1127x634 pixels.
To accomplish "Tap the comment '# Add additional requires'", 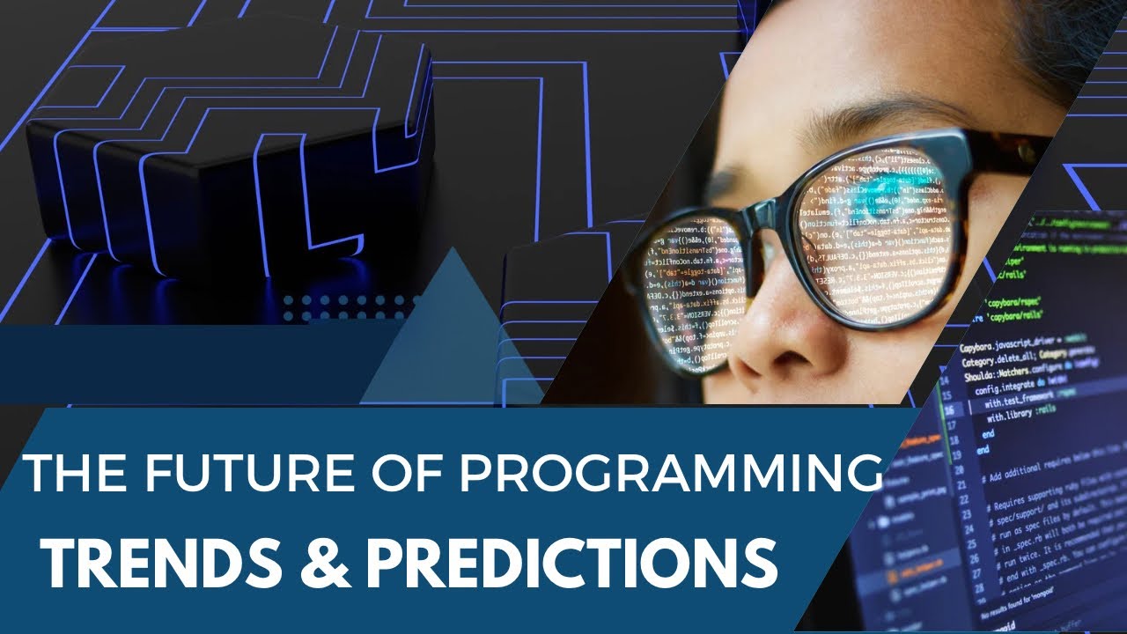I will (x=1039, y=478).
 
